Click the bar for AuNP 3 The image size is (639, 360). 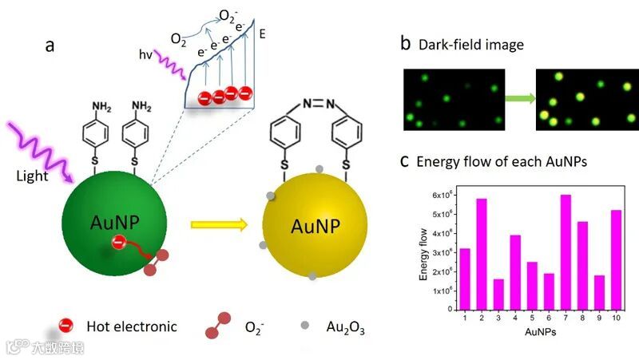498,295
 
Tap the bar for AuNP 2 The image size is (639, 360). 482,255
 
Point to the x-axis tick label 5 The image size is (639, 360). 532,318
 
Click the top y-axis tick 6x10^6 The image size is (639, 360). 443,196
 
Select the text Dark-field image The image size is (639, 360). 471,45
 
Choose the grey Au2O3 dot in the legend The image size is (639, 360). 304,326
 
